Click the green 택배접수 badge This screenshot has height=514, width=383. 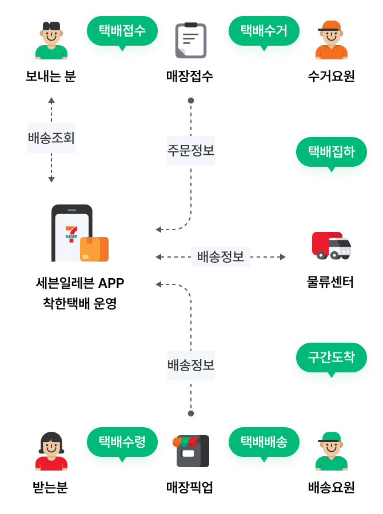tap(121, 30)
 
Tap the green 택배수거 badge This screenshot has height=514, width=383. tap(264, 30)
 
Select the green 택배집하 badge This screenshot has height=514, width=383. tap(332, 151)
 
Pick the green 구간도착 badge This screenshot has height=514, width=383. tap(332, 358)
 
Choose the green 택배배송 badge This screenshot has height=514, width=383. tap(264, 441)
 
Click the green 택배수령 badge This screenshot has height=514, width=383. tap(121, 441)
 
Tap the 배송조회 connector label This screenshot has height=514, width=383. tap(51, 138)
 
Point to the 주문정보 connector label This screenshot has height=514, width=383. tap(191, 151)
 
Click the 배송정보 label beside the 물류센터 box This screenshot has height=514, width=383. tap(220, 257)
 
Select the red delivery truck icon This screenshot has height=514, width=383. tap(331, 246)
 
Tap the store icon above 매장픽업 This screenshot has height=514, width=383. tap(191, 451)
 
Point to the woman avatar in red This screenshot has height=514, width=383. tap(51, 451)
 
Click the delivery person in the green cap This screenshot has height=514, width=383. tap(331, 451)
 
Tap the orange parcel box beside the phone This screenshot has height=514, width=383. tap(94, 249)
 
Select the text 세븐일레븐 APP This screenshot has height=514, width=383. tap(80, 283)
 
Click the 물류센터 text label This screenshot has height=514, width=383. tap(331, 282)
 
